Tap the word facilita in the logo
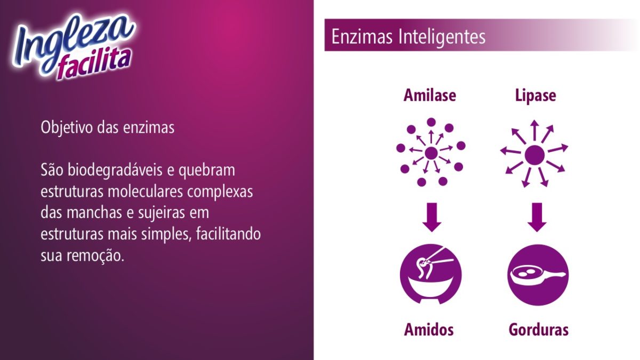click(95, 65)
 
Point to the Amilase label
click(430, 95)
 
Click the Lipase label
click(535, 96)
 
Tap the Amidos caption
click(429, 330)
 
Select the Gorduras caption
click(539, 330)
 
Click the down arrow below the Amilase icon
click(431, 217)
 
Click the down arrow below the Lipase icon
click(537, 217)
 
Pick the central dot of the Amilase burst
click(431, 154)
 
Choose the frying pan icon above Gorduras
click(538, 275)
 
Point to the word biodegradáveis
click(115, 170)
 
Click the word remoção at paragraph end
click(95, 256)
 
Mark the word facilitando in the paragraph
click(228, 234)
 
